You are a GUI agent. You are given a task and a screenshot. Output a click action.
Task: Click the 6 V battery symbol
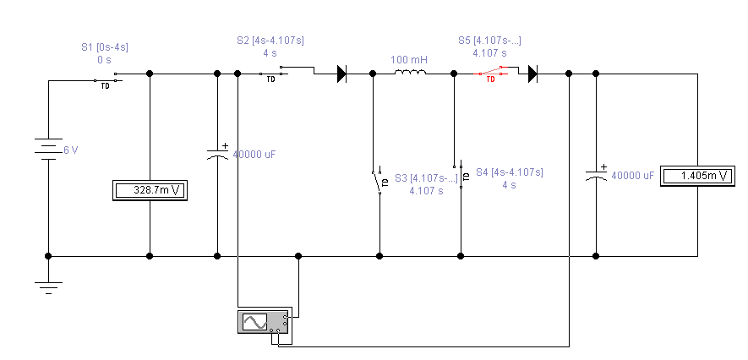click(48, 150)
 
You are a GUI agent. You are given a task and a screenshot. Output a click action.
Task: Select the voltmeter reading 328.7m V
click(150, 191)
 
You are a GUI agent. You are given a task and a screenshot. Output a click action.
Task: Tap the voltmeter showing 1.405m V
click(698, 176)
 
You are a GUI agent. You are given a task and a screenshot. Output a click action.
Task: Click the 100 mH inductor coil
click(410, 74)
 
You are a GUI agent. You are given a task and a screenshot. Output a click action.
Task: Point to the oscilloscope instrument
click(263, 321)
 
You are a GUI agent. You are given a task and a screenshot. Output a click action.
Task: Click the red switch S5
click(489, 75)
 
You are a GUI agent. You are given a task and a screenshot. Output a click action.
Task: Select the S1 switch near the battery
click(106, 81)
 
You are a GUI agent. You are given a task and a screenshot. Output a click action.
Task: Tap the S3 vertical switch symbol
click(379, 181)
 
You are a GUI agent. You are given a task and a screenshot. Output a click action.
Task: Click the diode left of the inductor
click(341, 74)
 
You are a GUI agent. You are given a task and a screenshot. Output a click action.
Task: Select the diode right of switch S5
click(532, 74)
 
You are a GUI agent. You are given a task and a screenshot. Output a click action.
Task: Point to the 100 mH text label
click(408, 60)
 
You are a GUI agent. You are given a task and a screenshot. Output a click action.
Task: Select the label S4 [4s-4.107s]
click(509, 172)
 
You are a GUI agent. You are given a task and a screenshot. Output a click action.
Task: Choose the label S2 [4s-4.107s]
click(270, 40)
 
